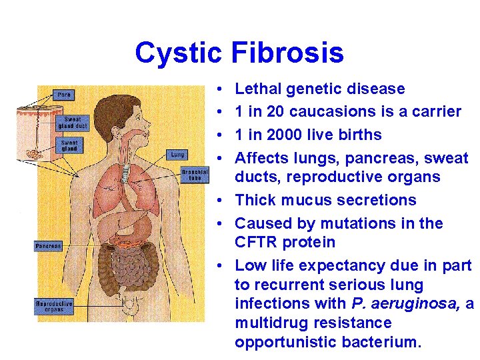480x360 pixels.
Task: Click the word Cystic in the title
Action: (x=178, y=53)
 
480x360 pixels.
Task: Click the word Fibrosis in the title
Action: (x=288, y=53)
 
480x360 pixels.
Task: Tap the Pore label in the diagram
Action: (x=65, y=95)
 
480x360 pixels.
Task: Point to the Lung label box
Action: (x=177, y=154)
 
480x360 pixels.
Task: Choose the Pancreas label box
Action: (x=48, y=246)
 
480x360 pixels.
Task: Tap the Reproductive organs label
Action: (x=53, y=306)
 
